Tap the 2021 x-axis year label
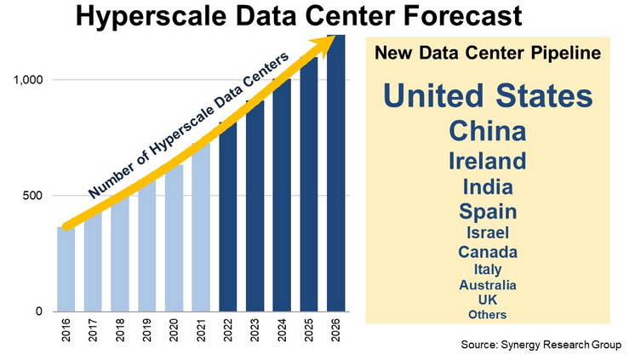(201, 331)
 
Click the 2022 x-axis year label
(228, 331)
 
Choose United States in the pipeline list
(488, 96)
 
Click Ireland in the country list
(488, 160)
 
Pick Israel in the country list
(488, 231)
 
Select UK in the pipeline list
(488, 300)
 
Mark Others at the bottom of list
(488, 314)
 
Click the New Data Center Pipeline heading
(488, 54)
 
